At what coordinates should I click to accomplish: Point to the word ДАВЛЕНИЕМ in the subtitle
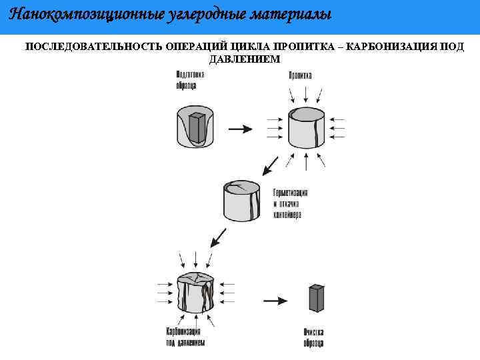[x=245, y=59]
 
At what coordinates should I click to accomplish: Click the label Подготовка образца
[x=190, y=79]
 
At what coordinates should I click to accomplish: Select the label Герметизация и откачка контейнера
[x=290, y=204]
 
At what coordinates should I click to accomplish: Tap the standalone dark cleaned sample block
[x=315, y=298]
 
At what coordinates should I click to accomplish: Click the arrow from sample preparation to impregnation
[x=241, y=129]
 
